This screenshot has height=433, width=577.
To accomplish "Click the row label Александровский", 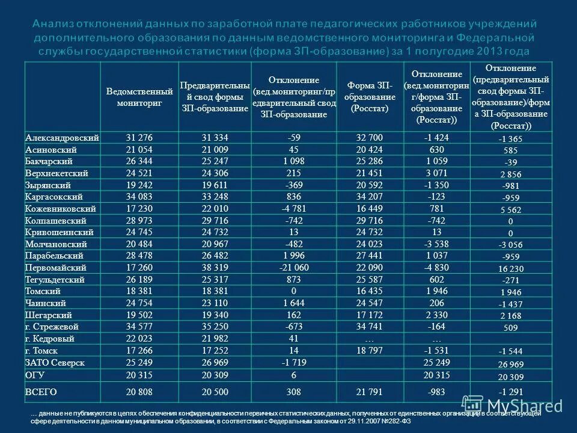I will [62, 138].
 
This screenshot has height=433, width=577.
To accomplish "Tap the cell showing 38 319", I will [215, 267].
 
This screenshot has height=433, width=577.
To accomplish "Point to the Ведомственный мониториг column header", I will [139, 97].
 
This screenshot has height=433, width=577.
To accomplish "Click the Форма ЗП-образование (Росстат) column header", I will [370, 97].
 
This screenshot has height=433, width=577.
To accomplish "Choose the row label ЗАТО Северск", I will [55, 363].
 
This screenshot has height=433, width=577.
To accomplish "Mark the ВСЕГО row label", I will [41, 392].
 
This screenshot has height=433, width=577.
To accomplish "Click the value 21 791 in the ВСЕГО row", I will [370, 392].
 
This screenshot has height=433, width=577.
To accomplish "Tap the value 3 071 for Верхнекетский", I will [437, 173].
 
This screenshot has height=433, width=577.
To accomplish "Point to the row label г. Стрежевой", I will [52, 327].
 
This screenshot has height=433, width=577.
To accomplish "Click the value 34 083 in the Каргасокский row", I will [139, 197].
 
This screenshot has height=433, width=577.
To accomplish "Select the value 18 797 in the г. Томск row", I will [370, 350].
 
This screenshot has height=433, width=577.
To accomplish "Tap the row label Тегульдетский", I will [55, 280].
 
